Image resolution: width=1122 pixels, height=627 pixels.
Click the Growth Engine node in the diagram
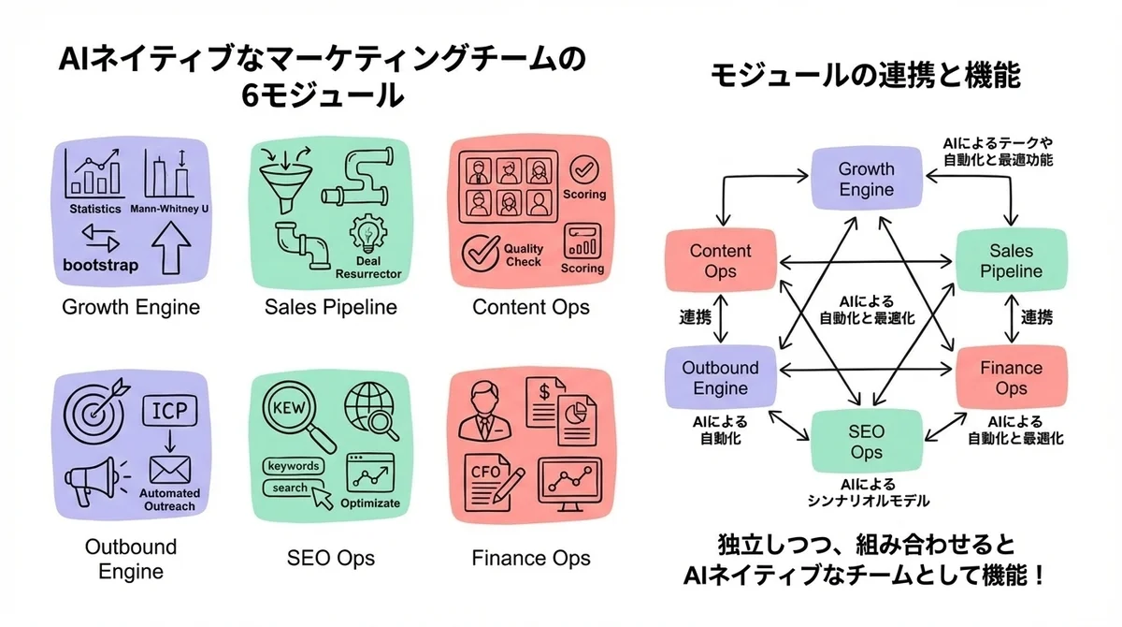[866, 180]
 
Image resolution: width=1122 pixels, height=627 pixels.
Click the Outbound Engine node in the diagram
[720, 378]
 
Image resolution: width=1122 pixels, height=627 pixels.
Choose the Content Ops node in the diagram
[720, 261]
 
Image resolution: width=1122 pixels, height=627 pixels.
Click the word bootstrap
[100, 265]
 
